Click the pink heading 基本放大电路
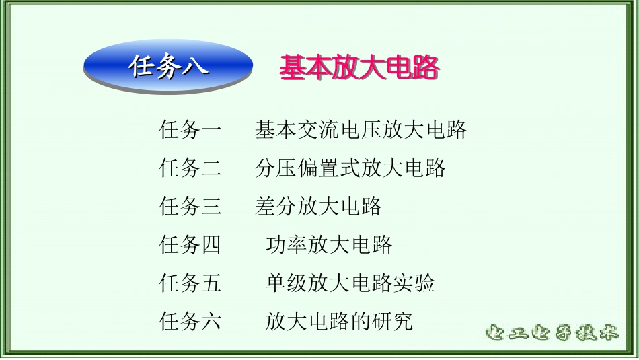pyautogui.click(x=359, y=68)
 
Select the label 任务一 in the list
pyautogui.click(x=190, y=129)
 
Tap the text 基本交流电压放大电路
pyautogui.click(x=361, y=129)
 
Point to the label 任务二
pyautogui.click(x=190, y=168)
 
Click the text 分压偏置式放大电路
pyautogui.click(x=350, y=168)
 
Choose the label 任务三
pyautogui.click(x=190, y=206)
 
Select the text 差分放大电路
pyautogui.click(x=318, y=206)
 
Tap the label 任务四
pyautogui.click(x=190, y=244)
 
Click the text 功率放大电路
pyautogui.click(x=329, y=244)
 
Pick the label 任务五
pyautogui.click(x=190, y=283)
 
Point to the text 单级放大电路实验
pyautogui.click(x=350, y=283)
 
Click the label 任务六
pyautogui.click(x=190, y=321)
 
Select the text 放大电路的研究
pyautogui.click(x=339, y=321)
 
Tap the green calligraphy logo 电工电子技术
pyautogui.click(x=551, y=333)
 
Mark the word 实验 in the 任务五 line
pyautogui.click(x=414, y=283)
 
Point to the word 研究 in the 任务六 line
pyautogui.click(x=392, y=321)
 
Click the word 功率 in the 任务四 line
pyautogui.click(x=287, y=244)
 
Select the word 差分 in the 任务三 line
pyautogui.click(x=276, y=206)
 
